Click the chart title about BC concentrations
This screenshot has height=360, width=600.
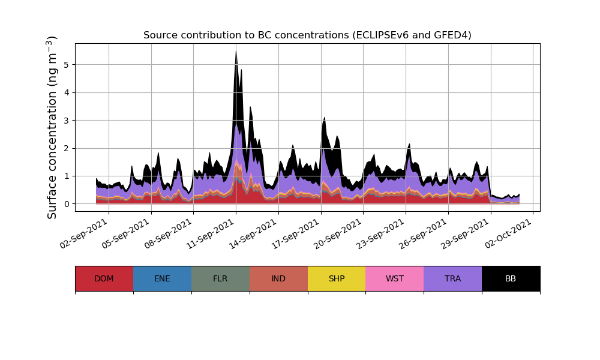pyautogui.click(x=307, y=35)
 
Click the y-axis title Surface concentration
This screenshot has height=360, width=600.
pyautogui.click(x=52, y=127)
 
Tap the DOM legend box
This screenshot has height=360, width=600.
pyautogui.click(x=104, y=278)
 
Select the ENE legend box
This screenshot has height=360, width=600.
pyautogui.click(x=162, y=278)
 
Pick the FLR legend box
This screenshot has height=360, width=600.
pyautogui.click(x=220, y=278)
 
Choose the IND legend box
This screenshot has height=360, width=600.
pyautogui.click(x=278, y=278)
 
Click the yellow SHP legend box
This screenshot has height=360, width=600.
pyautogui.click(x=337, y=278)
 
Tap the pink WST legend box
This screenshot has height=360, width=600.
pyautogui.click(x=395, y=278)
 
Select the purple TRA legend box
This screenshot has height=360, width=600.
pyautogui.click(x=453, y=278)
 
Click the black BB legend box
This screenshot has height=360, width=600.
pyautogui.click(x=511, y=278)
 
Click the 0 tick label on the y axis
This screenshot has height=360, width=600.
pyautogui.click(x=66, y=204)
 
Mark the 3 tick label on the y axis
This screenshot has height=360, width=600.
pyautogui.click(x=66, y=120)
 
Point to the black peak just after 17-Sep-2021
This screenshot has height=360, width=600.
pyautogui.click(x=324, y=118)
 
